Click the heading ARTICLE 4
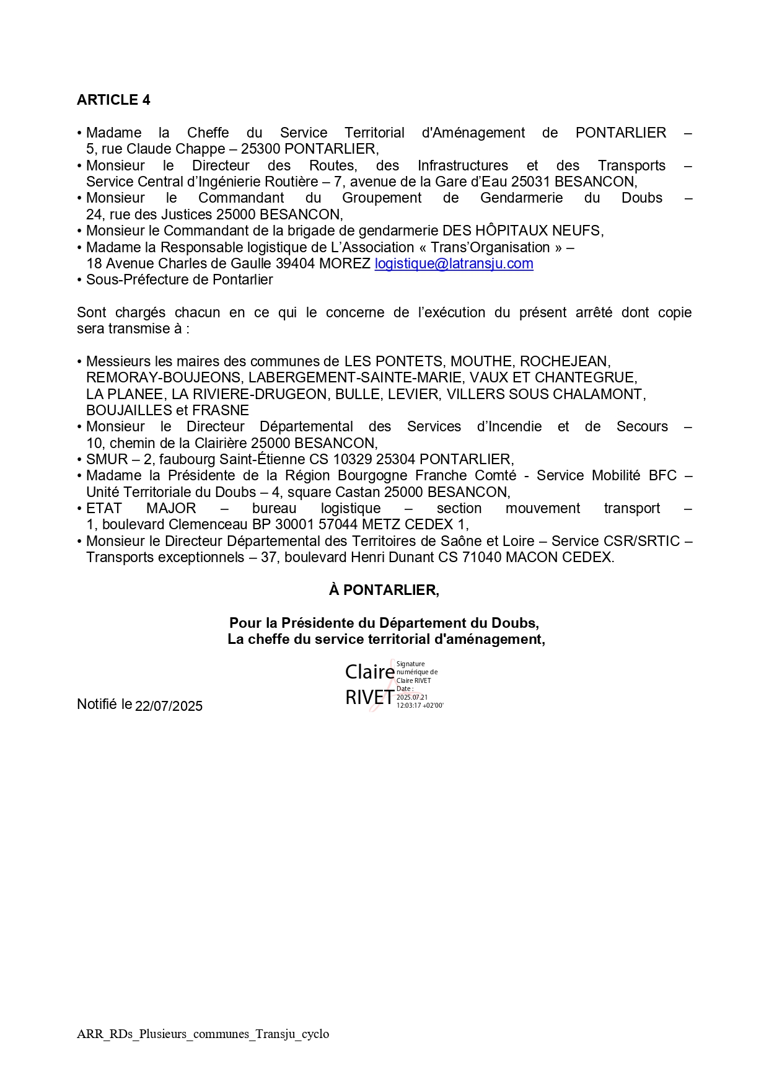click(113, 100)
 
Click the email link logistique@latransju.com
click(454, 263)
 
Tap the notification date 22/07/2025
click(169, 706)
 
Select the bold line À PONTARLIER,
click(384, 590)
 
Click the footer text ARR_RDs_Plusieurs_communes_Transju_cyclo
click(203, 1034)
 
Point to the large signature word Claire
click(369, 672)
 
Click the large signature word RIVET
click(369, 698)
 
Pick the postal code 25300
click(260, 149)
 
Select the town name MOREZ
click(345, 263)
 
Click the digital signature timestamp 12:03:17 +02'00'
click(420, 706)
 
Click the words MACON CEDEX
click(558, 557)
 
